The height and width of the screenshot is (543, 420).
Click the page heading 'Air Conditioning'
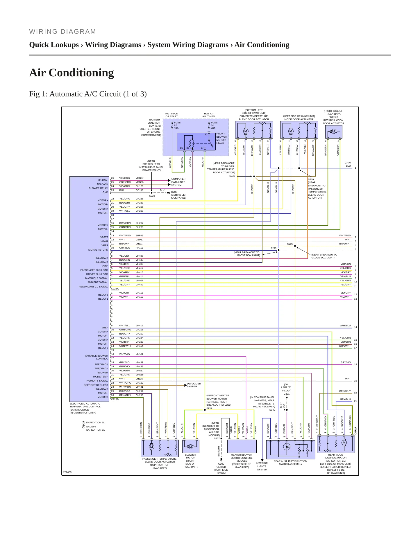click(72, 73)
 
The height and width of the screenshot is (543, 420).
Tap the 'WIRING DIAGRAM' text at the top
click(62, 32)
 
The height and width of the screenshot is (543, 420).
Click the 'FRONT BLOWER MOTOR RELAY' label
click(222, 138)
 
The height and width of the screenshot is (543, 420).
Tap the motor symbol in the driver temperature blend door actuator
click(246, 131)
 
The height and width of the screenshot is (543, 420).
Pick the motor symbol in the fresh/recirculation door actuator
click(333, 131)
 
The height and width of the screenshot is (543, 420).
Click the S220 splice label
click(232, 176)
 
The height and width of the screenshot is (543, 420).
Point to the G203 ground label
click(174, 192)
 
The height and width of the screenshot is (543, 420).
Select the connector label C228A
click(115, 289)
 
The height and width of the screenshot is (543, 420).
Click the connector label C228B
click(115, 399)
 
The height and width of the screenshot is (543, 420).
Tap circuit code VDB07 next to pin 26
click(140, 178)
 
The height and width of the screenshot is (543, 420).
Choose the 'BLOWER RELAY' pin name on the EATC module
click(98, 188)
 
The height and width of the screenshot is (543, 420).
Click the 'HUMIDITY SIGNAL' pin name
click(97, 381)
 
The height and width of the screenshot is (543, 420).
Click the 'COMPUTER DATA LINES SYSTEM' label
click(178, 182)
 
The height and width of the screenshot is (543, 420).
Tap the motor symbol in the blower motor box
click(190, 447)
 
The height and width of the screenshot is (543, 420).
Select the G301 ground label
click(287, 394)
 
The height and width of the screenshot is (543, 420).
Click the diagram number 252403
click(67, 472)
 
